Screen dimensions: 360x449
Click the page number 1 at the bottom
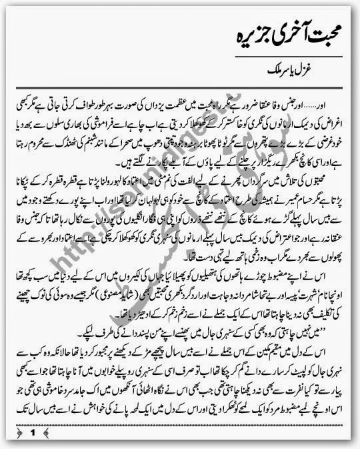pyautogui.click(x=31, y=432)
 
